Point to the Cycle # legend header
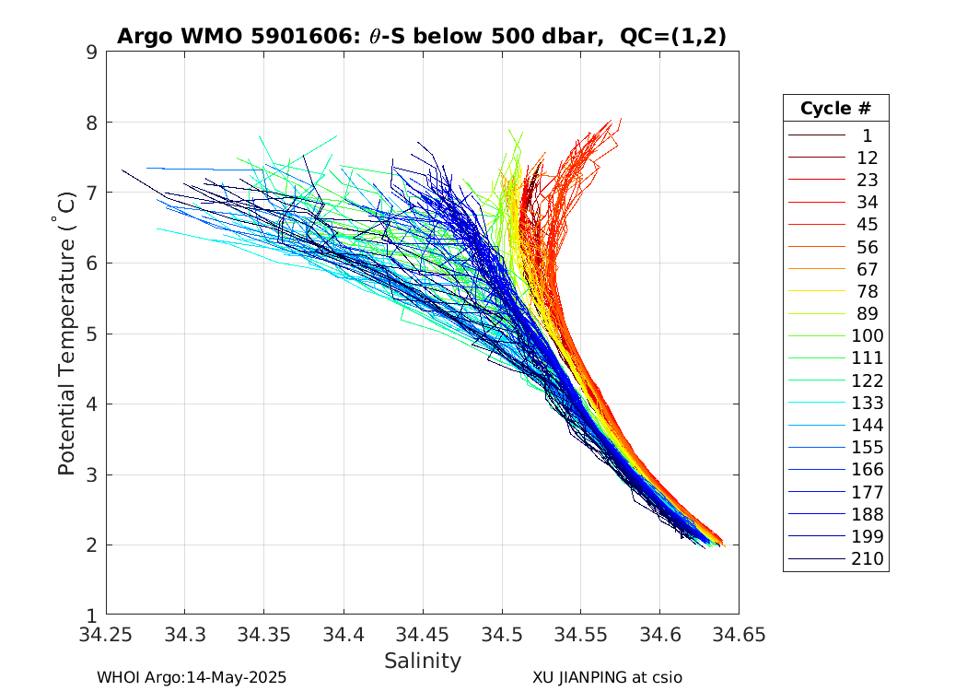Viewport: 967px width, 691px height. pos(835,109)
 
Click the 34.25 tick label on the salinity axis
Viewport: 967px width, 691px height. pos(106,634)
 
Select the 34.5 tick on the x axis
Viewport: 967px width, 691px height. pos(502,634)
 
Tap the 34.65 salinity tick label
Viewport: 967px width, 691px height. pos(739,634)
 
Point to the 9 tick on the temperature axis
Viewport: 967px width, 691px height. pos(92,53)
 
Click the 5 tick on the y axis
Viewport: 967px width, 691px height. pos(92,334)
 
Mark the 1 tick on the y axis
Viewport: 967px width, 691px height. pos(92,615)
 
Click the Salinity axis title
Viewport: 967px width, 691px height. pos(423,661)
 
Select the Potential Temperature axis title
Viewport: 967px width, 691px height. pos(66,334)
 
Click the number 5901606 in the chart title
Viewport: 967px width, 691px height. pos(297,37)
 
